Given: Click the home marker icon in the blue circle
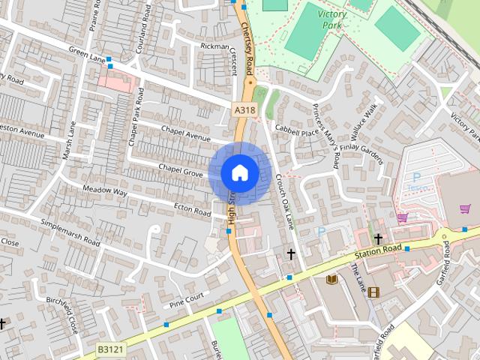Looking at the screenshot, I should (x=239, y=172).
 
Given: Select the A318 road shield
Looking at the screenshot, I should (x=244, y=110).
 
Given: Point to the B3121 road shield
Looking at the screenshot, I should (x=110, y=349).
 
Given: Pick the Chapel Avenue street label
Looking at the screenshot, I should (x=186, y=133).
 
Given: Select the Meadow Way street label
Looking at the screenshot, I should (x=105, y=192).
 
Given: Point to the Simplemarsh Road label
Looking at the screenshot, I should (x=70, y=232).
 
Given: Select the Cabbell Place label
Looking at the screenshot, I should (x=297, y=132).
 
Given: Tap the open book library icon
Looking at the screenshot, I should (x=331, y=280).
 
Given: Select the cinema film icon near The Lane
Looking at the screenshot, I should (x=373, y=292).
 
